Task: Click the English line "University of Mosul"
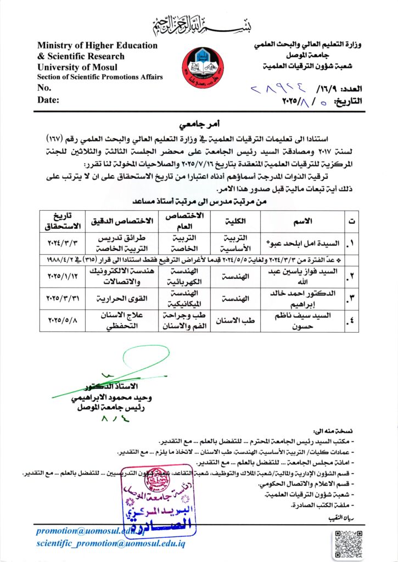tap(75, 66)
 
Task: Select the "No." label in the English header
tap(44, 87)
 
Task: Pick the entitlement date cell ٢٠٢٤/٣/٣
tap(62, 240)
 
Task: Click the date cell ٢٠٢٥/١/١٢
tap(62, 273)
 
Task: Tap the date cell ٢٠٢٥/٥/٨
tap(62, 319)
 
